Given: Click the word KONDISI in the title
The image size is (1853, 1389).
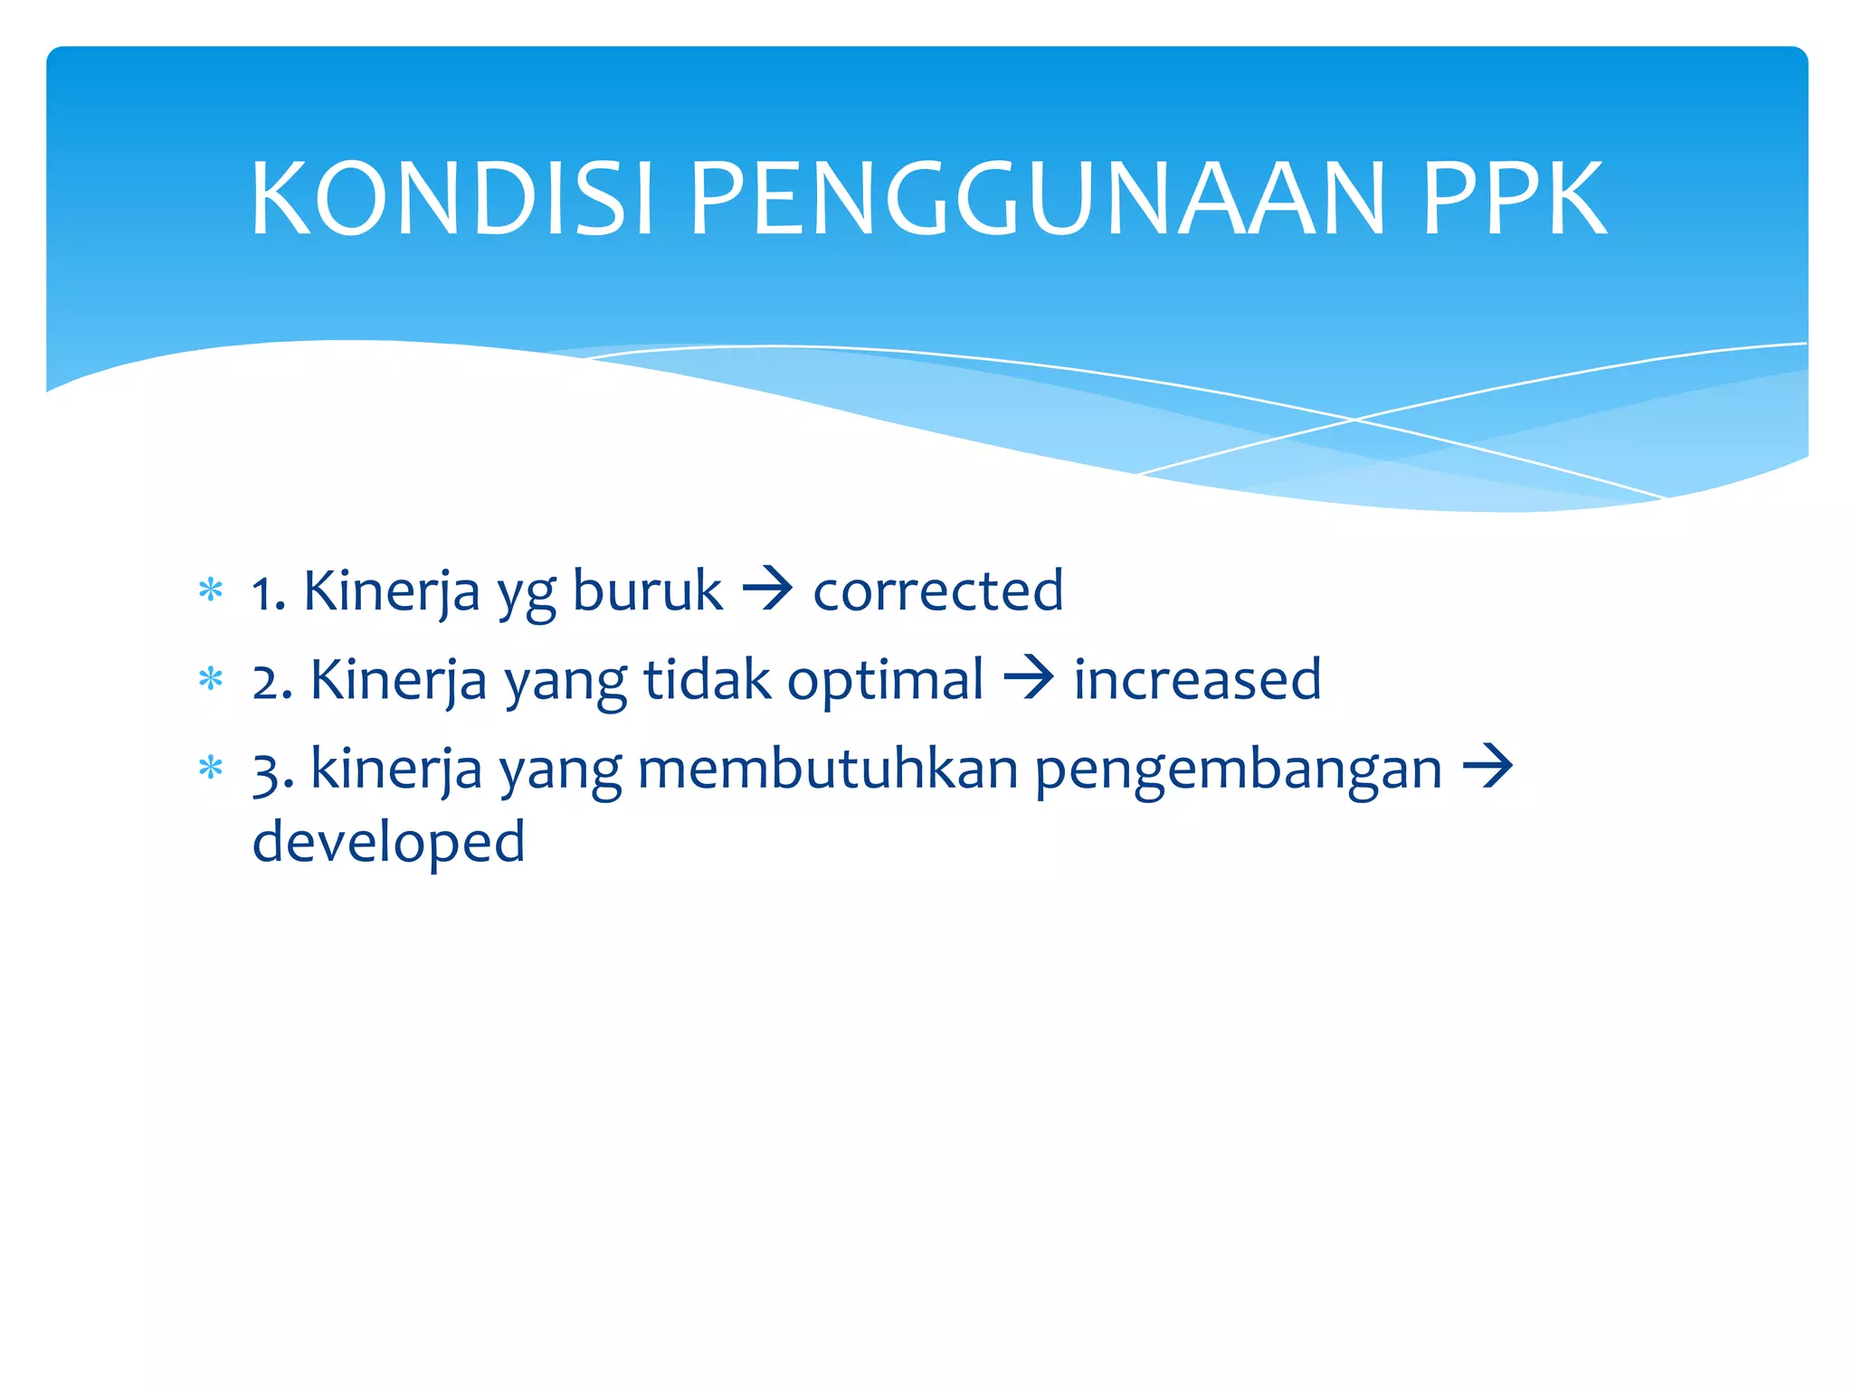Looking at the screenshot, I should click(x=451, y=198).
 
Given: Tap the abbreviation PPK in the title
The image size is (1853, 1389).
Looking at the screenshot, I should click(x=1514, y=198).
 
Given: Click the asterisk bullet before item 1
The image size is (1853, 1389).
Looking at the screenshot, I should click(x=211, y=591).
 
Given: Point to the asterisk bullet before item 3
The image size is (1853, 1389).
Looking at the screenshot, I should click(x=211, y=769).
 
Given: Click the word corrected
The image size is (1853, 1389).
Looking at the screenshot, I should click(x=937, y=591).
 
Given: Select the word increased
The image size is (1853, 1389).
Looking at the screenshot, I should click(x=1196, y=680).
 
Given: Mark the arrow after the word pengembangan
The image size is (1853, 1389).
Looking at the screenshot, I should click(x=1487, y=768).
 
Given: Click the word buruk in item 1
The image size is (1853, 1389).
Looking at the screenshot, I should click(x=647, y=591).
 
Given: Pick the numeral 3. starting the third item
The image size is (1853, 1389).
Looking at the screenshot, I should click(x=272, y=771).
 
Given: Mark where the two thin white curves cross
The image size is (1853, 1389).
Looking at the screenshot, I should click(x=1354, y=420).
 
